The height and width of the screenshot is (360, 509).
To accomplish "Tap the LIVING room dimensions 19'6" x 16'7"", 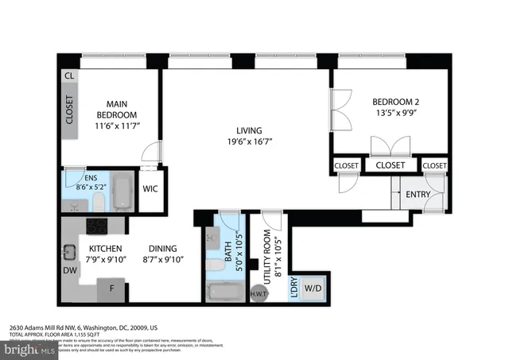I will click(254, 143).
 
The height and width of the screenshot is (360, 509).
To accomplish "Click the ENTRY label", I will click(418, 195).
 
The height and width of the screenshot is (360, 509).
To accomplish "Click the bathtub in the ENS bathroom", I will click(122, 191).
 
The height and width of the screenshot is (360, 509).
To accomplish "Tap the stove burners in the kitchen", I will click(97, 226).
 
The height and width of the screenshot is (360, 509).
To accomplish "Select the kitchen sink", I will click(70, 253).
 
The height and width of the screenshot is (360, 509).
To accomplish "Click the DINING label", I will click(164, 248).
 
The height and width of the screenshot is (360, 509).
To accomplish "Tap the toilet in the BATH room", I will click(212, 262).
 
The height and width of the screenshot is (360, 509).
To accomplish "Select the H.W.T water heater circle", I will click(258, 293).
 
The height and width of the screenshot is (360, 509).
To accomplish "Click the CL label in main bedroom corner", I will click(70, 76).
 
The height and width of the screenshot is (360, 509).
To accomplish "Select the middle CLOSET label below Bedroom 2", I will click(390, 165).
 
